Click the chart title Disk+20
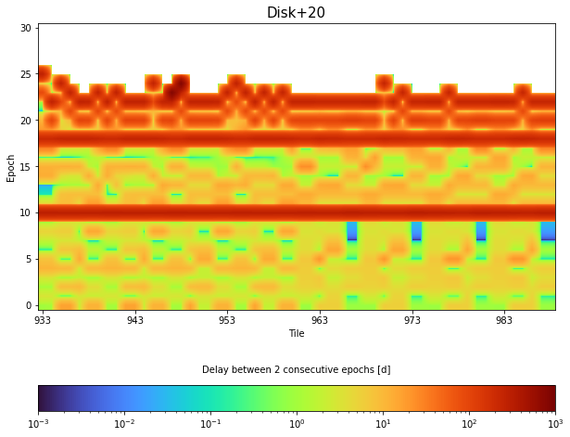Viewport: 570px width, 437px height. click(296, 13)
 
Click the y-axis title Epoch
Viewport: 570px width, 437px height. click(11, 167)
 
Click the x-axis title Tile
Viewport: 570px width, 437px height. click(296, 333)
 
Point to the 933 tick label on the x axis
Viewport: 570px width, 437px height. click(43, 320)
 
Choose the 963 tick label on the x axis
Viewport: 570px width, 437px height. click(320, 320)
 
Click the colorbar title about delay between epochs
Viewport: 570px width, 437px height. click(296, 369)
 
